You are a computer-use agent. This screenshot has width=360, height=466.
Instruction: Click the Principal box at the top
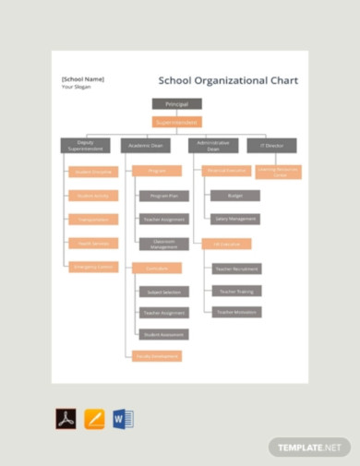tap(175, 104)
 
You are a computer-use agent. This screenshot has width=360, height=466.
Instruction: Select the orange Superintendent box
tap(175, 122)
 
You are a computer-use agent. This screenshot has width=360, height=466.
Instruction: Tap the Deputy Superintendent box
tap(84, 145)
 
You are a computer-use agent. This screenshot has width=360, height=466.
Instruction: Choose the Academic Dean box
tap(145, 145)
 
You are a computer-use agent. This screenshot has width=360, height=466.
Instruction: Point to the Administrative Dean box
tap(213, 145)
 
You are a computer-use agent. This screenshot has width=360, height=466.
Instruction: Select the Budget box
tap(234, 196)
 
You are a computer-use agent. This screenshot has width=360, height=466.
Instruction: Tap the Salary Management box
tap(234, 220)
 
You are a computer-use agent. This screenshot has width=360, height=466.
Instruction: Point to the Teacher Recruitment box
tap(236, 269)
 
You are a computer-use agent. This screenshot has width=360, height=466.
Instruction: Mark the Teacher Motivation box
tap(236, 313)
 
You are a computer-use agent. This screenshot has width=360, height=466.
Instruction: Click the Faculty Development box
tap(156, 356)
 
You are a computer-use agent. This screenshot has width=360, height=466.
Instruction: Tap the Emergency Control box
tap(93, 267)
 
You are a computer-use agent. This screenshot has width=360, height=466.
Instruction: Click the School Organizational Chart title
tap(228, 81)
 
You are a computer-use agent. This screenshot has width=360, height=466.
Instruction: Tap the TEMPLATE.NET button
tap(310, 448)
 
